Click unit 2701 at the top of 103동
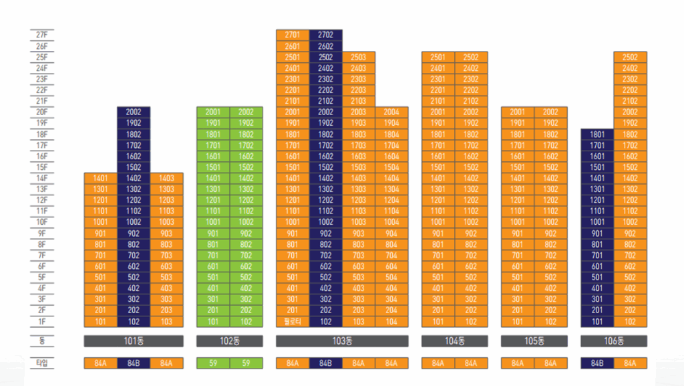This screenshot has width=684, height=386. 293,35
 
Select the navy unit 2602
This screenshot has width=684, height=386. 325,46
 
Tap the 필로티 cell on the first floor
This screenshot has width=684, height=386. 293,321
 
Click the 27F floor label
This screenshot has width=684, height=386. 42,35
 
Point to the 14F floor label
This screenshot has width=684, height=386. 42,178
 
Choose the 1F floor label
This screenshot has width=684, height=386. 42,321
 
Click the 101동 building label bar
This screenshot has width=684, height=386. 134,341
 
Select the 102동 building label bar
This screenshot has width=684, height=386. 230,341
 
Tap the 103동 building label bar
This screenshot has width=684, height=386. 342,341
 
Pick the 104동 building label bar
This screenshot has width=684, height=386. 454,341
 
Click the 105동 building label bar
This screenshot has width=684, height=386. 534,341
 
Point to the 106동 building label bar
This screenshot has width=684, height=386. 614,341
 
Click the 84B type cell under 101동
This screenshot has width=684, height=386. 134,363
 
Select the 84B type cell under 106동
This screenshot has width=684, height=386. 597,363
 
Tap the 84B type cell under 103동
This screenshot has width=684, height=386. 325,363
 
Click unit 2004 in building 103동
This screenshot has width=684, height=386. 391,112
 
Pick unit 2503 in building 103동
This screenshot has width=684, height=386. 359,58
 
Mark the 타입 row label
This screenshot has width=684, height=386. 42,363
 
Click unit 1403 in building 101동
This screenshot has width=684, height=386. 166,178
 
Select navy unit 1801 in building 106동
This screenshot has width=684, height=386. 597,134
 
